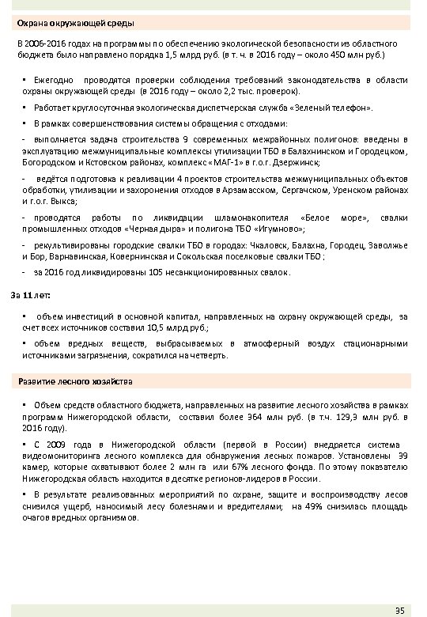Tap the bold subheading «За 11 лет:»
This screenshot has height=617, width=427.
(31, 296)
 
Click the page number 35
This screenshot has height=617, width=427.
(400, 608)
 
